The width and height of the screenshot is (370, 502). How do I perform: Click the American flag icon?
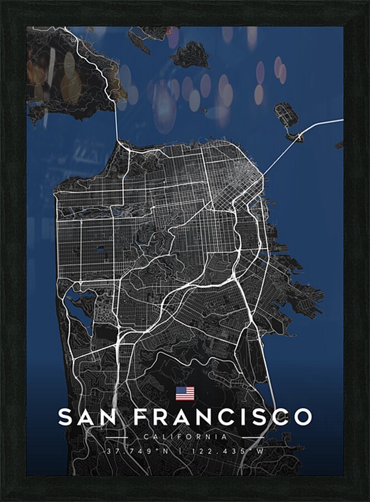[x=185, y=394]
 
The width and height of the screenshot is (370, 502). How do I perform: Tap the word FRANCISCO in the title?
[x=223, y=417]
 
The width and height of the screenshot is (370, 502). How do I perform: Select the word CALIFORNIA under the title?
[x=185, y=437]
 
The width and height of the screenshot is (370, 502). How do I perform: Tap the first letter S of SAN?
[x=66, y=417]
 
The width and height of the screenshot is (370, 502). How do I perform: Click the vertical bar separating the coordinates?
[x=185, y=451]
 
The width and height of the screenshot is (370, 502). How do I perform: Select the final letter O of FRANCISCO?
[x=301, y=417]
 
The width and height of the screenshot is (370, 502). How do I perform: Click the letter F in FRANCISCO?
[x=142, y=417]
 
